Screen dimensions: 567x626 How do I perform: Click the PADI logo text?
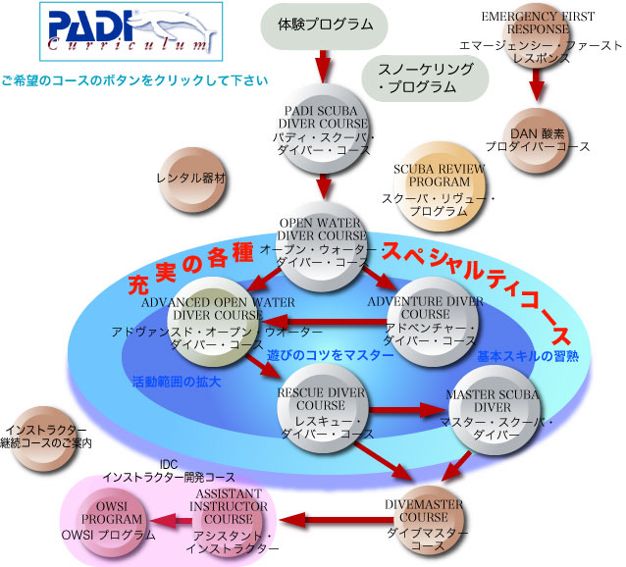(83, 24)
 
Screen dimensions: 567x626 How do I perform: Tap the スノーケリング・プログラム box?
(424, 77)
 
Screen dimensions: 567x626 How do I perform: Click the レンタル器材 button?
(192, 180)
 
